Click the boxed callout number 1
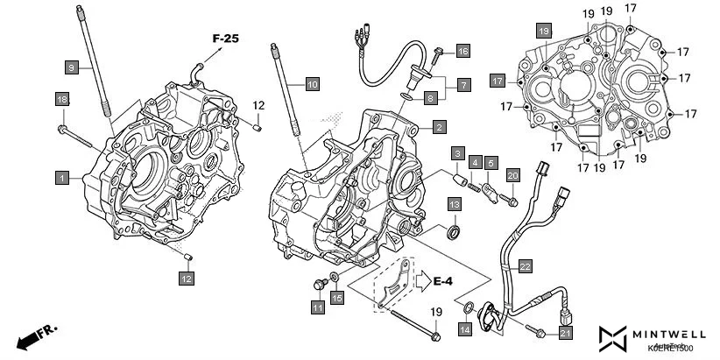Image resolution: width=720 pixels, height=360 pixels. [x=61, y=178]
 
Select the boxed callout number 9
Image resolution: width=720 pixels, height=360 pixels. [x=73, y=66]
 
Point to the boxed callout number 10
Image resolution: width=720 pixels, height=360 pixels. [x=312, y=85]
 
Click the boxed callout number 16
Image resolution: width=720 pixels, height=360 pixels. [x=462, y=51]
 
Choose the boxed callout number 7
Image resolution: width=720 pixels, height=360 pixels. [x=462, y=85]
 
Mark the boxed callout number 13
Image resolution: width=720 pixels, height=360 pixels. [x=455, y=204]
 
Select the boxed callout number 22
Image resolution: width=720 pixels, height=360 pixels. [x=525, y=266]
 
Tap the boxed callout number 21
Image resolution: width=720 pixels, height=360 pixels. [x=565, y=334]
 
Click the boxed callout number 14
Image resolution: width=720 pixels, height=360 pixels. [x=465, y=328]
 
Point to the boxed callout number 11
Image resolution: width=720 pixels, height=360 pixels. [x=316, y=307]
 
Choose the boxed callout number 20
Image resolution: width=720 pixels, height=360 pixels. [x=513, y=176]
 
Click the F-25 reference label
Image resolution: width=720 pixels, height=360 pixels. [x=225, y=39]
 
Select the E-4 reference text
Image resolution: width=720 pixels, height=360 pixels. [x=441, y=281]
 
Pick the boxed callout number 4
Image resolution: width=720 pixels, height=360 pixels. [x=474, y=163]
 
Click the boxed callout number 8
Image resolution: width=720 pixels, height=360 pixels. [x=430, y=99]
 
